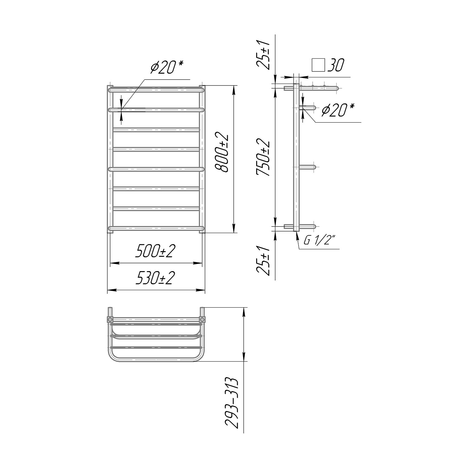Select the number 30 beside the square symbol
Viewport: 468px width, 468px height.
(x=336, y=66)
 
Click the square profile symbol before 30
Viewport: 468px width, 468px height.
(x=318, y=66)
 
